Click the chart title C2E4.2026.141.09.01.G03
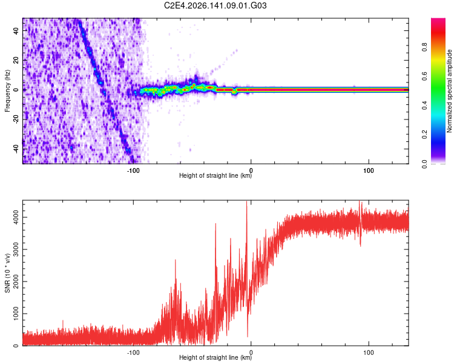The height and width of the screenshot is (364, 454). (215, 5)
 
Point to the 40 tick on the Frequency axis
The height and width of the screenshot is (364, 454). (16, 30)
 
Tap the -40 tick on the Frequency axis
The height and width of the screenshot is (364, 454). (16, 149)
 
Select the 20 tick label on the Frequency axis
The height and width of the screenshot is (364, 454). (16, 60)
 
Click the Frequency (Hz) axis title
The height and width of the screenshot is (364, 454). (7, 91)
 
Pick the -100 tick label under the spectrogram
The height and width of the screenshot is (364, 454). (133, 170)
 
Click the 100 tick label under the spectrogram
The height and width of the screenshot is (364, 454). (369, 170)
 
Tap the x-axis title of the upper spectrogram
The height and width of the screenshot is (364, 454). (215, 175)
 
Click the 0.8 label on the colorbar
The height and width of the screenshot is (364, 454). (424, 47)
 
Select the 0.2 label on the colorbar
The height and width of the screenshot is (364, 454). (424, 135)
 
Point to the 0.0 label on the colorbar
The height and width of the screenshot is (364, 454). (424, 164)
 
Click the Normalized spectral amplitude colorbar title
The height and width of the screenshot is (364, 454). (449, 91)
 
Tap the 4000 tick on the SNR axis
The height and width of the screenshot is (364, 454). (16, 217)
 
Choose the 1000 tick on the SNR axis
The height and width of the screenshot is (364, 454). (16, 314)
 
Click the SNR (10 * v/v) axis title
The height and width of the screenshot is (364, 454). (7, 273)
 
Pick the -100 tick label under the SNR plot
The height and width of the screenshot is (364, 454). (133, 352)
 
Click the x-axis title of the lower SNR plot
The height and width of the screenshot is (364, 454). (215, 357)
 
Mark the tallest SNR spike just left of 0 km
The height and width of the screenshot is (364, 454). (247, 201)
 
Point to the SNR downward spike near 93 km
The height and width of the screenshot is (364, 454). (361, 246)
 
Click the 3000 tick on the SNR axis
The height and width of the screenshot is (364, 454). (16, 249)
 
